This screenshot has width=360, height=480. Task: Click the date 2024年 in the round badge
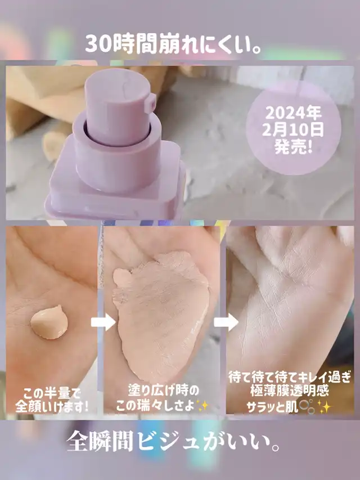[293, 113]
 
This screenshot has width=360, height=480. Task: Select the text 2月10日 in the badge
[293, 130]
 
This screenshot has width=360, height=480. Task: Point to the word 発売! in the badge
[293, 147]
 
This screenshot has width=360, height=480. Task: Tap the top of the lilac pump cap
[118, 82]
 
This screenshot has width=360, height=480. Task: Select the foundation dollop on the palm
[49, 322]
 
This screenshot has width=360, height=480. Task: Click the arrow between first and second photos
[103, 322]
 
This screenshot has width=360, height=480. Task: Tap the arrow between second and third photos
[226, 322]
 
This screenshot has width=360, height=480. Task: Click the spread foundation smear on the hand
[161, 315]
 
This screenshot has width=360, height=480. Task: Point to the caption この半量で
[51, 393]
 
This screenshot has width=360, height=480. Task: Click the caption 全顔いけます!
[52, 407]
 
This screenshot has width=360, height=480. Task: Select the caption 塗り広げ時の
[163, 391]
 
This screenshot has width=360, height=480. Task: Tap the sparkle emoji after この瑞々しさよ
[202, 406]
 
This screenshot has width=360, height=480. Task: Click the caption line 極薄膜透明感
[289, 391]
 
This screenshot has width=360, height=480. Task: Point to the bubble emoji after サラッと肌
[307, 406]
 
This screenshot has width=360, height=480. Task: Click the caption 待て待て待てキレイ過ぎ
[289, 378]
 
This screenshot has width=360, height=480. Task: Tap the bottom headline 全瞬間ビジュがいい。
[173, 442]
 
